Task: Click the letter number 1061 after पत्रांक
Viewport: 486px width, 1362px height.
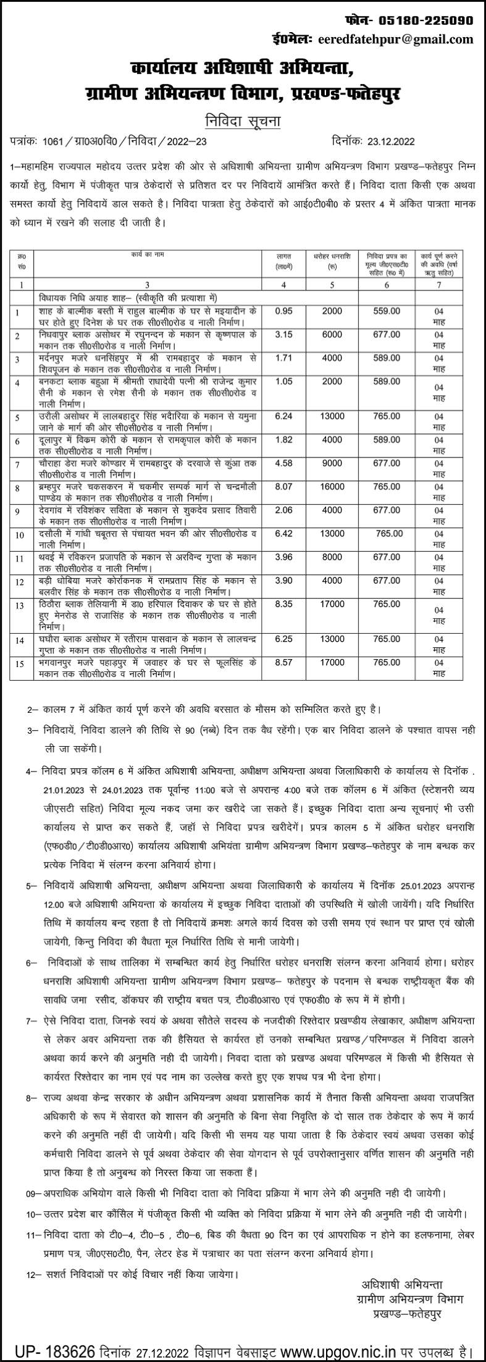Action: coord(54,141)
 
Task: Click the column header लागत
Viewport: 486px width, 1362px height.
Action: coord(285,255)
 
